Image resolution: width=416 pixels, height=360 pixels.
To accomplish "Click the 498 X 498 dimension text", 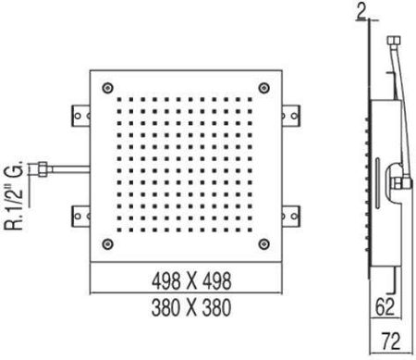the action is (191, 280).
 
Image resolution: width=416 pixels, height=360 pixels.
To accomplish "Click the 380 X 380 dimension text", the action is (191, 307).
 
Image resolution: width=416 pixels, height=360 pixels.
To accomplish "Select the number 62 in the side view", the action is (385, 307).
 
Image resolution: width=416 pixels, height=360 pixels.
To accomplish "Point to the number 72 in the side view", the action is (391, 341).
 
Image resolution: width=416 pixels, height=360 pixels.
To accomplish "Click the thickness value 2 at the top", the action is (362, 12).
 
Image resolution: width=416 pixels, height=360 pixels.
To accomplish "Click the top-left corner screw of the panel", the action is (107, 88).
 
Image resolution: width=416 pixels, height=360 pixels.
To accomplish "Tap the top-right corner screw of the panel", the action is (263, 88).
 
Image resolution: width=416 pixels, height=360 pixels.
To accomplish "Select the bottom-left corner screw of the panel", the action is (107, 244).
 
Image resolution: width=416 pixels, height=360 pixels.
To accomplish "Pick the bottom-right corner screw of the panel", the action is (263, 244).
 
